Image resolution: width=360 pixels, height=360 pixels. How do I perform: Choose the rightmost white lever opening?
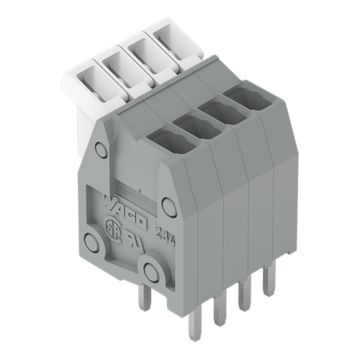click(x=173, y=39)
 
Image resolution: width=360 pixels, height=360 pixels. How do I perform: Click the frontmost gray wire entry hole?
click(x=166, y=138)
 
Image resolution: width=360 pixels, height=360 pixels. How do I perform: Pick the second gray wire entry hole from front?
click(x=193, y=125)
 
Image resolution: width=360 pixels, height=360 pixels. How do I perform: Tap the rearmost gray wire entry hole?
click(x=242, y=99)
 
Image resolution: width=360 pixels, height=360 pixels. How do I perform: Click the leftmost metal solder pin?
click(x=144, y=297)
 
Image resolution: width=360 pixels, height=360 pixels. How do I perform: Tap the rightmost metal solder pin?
click(x=269, y=281)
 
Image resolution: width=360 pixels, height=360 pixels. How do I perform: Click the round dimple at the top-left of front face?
click(x=102, y=150)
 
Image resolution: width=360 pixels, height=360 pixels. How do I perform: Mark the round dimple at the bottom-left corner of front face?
click(x=91, y=242)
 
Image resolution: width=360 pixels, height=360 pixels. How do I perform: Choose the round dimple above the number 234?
click(x=169, y=207)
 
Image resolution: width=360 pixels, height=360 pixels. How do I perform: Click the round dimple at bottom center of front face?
click(x=150, y=271)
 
